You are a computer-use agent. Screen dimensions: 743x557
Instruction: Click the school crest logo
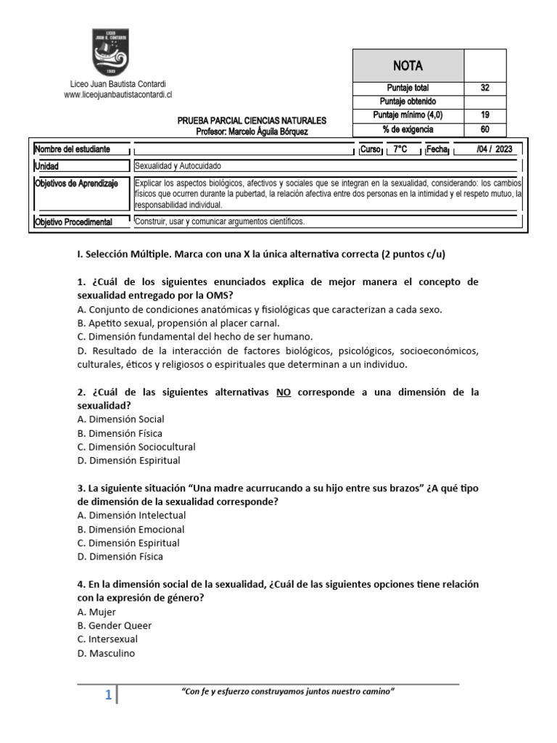pyautogui.click(x=111, y=52)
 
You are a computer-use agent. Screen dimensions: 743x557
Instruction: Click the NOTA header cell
pyautogui.click(x=408, y=65)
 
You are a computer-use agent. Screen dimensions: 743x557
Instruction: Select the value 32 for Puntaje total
pyautogui.click(x=484, y=88)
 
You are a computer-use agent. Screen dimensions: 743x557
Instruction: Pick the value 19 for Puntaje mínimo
pyautogui.click(x=484, y=115)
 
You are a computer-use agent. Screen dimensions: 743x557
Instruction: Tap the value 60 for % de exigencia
pyautogui.click(x=484, y=129)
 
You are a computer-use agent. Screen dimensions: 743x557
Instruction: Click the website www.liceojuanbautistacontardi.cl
pyautogui.click(x=117, y=95)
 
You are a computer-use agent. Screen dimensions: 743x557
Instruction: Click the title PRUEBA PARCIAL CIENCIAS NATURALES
pyautogui.click(x=252, y=120)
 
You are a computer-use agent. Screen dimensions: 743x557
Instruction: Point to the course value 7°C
pyautogui.click(x=400, y=149)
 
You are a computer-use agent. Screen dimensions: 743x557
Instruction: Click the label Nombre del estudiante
pyautogui.click(x=73, y=149)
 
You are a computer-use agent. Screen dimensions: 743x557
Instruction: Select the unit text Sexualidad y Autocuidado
pyautogui.click(x=178, y=166)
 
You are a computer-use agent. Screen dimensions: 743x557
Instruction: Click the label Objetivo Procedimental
pyautogui.click(x=73, y=222)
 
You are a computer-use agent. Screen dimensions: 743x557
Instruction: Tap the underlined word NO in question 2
pyautogui.click(x=283, y=392)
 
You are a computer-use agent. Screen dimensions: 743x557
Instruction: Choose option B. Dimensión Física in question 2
pyautogui.click(x=120, y=433)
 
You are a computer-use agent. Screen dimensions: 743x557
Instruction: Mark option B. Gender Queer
pyautogui.click(x=115, y=625)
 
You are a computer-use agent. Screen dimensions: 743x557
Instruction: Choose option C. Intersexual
pyautogui.click(x=107, y=639)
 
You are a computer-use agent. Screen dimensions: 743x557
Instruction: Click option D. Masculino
pyautogui.click(x=106, y=653)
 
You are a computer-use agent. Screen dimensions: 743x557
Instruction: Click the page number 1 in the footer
pyautogui.click(x=108, y=696)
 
